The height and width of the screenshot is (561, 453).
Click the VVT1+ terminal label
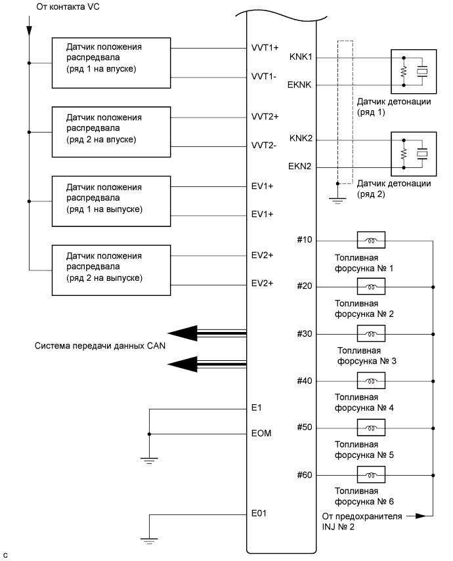[x=265, y=48]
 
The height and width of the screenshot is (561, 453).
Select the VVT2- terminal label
[x=265, y=145]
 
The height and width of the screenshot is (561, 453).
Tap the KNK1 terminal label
[x=301, y=57]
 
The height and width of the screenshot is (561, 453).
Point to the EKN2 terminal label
[x=301, y=167]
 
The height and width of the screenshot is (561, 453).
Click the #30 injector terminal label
[x=304, y=334]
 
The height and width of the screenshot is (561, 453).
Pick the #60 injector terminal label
[x=304, y=474]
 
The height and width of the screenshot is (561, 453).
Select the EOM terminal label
[x=261, y=434]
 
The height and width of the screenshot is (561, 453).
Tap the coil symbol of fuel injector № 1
[x=370, y=239]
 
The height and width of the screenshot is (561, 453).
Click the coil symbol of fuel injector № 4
[x=370, y=380]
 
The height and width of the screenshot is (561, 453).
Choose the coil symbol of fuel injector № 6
[x=370, y=474]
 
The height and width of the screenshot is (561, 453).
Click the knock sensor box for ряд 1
[x=413, y=71]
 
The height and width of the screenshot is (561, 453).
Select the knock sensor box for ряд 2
[x=413, y=154]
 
